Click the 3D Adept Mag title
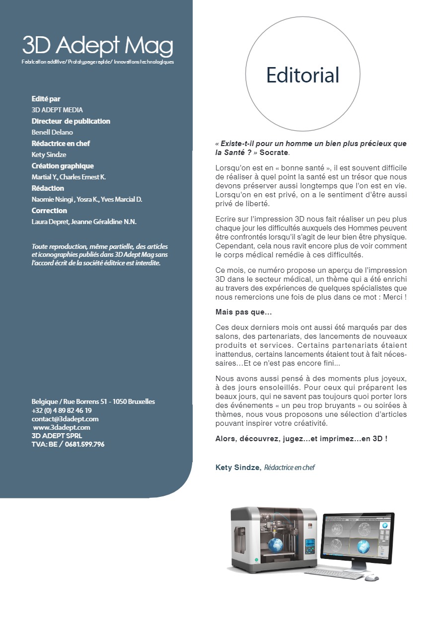98,46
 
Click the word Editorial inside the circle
302,75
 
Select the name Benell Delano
52,132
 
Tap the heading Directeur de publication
71,121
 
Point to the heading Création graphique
63,166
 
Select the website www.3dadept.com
62,427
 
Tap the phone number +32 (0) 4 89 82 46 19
62,410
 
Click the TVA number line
68,444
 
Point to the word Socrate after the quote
274,152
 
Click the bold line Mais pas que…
243,312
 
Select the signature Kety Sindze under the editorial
237,468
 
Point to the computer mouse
371,578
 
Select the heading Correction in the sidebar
49,211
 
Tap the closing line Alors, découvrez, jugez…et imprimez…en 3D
301,439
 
